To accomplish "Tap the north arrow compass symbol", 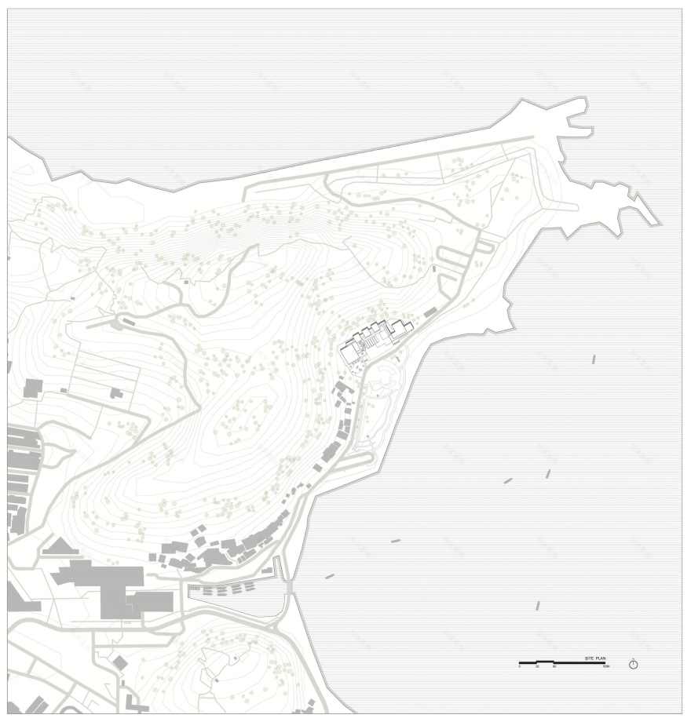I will coord(634,665).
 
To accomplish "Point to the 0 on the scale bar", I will coord(519,666).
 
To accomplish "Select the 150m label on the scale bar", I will coord(606,666).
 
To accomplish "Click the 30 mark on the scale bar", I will coord(538,666).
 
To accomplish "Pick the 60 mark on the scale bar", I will coord(554,666).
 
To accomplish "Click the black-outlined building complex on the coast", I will coord(375,339).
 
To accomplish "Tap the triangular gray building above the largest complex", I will coord(57,546).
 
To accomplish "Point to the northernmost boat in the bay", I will coord(594,359).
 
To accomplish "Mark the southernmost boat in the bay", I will coord(538,605).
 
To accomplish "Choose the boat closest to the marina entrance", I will coord(330,576).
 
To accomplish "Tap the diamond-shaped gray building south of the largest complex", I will coord(120,663).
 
